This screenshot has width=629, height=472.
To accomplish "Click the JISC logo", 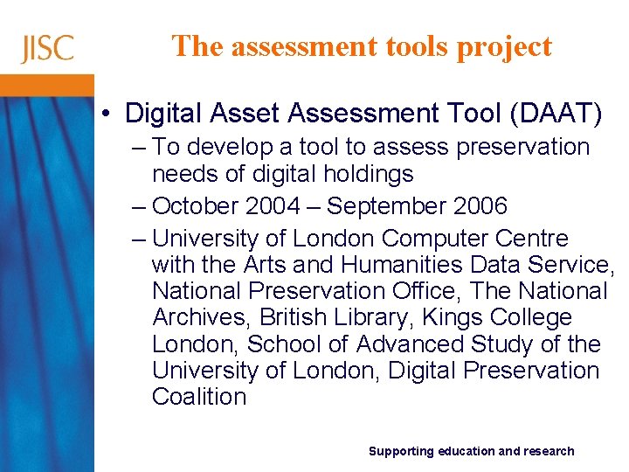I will (47, 48).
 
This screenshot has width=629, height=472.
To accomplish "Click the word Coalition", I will (199, 397).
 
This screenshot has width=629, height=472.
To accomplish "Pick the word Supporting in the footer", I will (400, 451).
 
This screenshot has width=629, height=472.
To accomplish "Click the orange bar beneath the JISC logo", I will (47, 85).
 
